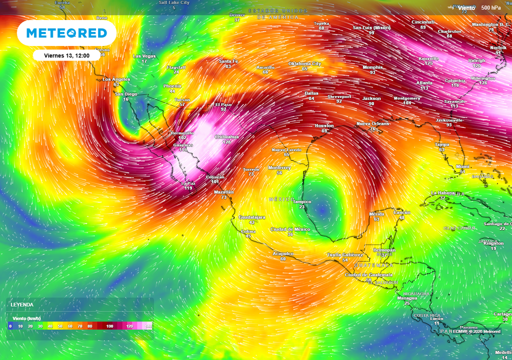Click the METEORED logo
pyautogui.click(x=66, y=33)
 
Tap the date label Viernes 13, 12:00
pyautogui.click(x=66, y=55)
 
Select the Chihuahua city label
pyautogui.click(x=226, y=136)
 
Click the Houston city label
pyautogui.click(x=324, y=125)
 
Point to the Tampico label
pyautogui.click(x=301, y=202)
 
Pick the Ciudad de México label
pyautogui.click(x=290, y=229)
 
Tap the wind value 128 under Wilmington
pyautogui.click(x=483, y=83)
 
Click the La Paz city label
pyautogui.click(x=188, y=183)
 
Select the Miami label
pyautogui.click(x=463, y=166)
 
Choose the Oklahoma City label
pyautogui.click(x=304, y=63)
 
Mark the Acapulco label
pyautogui.click(x=283, y=253)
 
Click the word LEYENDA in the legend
pyautogui.click(x=22, y=304)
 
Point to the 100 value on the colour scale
pyautogui.click(x=109, y=326)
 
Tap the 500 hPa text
pyautogui.click(x=491, y=7)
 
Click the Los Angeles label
pyautogui.click(x=116, y=79)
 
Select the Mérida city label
pyautogui.click(x=376, y=214)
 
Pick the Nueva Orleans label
pyautogui.click(x=372, y=123)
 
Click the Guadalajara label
pyautogui.click(x=252, y=217)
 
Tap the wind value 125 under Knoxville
pyautogui.click(x=428, y=63)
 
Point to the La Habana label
pyautogui.click(x=442, y=193)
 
